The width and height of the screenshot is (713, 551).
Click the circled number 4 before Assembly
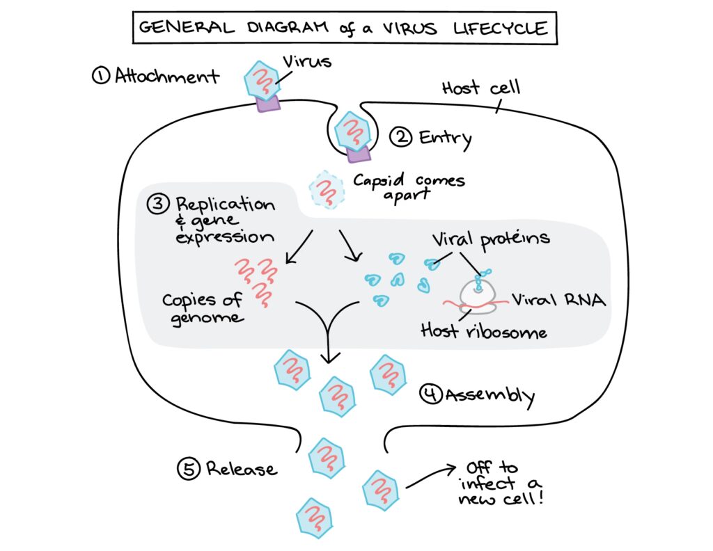tap(430, 394)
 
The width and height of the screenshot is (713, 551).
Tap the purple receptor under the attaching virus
tap(267, 103)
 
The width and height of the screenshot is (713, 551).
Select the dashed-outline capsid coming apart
tap(327, 190)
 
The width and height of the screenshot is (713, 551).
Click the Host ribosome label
tap(483, 330)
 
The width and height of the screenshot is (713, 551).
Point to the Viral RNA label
tap(557, 300)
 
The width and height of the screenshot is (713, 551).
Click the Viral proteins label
tap(490, 239)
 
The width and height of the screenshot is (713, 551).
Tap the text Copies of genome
tap(202, 308)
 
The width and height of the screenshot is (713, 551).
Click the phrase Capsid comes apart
tap(408, 186)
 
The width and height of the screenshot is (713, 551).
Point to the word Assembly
tap(489, 396)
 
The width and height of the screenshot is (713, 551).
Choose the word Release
tap(241, 468)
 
